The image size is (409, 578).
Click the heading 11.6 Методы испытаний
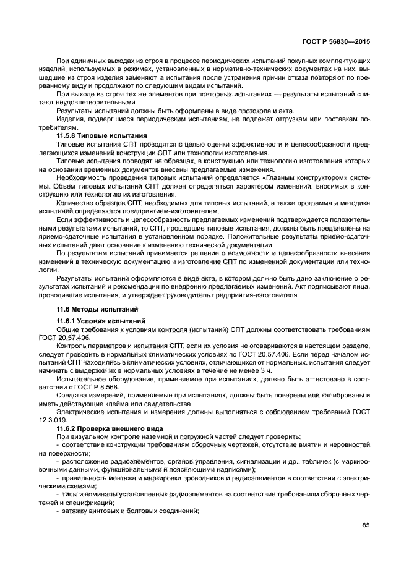[x=97, y=308]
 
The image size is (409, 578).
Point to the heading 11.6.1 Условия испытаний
[x=101, y=321]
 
